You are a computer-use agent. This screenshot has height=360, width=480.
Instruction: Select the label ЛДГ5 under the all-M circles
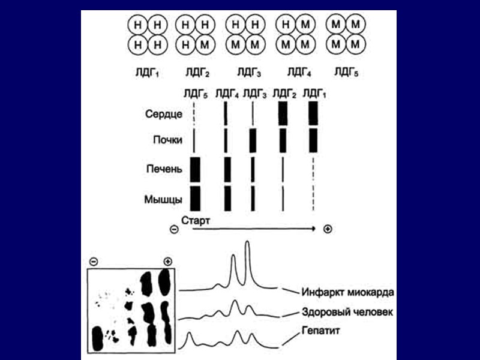point(346,73)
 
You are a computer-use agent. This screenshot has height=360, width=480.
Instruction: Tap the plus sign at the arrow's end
point(327,229)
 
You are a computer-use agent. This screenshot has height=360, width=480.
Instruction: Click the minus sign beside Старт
point(174,229)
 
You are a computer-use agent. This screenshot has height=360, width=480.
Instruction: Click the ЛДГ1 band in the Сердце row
point(313,113)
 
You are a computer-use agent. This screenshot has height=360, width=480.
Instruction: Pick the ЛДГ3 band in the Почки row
point(253,140)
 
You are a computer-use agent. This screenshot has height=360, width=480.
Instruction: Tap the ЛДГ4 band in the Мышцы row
point(227,198)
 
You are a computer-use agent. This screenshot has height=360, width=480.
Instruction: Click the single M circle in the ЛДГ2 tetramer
point(205,44)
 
